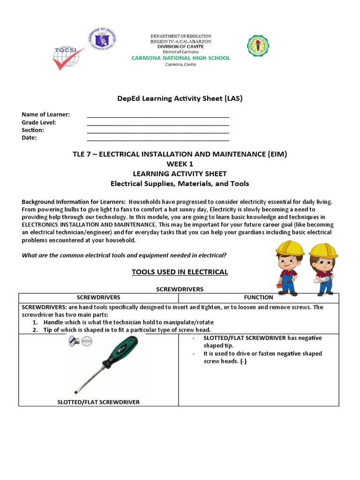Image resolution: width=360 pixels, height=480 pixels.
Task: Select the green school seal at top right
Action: [258, 46]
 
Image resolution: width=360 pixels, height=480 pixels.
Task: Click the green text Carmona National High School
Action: [180, 58]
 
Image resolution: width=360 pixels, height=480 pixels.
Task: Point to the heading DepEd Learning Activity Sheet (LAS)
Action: [180, 98]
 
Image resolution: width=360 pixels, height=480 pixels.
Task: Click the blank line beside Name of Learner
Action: [158, 115]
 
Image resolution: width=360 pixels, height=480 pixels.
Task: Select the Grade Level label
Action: [39, 122]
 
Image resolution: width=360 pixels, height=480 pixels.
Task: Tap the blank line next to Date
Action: [158, 138]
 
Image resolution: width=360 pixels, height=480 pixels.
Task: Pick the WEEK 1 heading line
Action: [180, 164]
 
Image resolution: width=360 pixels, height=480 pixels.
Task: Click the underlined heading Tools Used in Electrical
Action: [180, 272]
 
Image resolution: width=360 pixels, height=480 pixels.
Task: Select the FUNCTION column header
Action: [258, 297]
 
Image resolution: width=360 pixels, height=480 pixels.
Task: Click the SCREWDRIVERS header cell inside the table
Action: [98, 297]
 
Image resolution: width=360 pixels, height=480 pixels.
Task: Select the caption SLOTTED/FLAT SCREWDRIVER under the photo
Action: [98, 402]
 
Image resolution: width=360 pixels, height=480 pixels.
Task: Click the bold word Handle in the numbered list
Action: [54, 322]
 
